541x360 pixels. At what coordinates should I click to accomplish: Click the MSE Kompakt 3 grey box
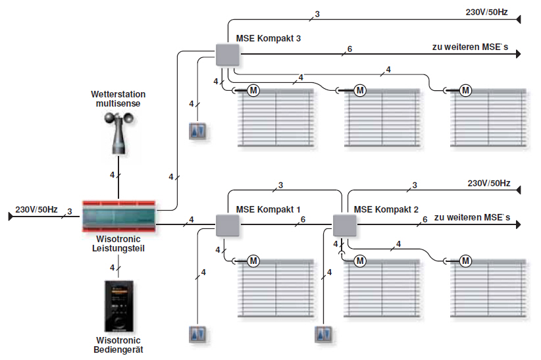click(x=226, y=55)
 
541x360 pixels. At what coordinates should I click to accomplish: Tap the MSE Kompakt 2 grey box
click(x=344, y=226)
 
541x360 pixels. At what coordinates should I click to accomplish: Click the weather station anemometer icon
click(x=118, y=132)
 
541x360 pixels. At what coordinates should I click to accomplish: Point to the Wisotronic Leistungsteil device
click(x=119, y=215)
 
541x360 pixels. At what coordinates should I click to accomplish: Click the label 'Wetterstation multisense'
click(x=118, y=99)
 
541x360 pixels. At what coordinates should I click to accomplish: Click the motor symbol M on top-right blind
click(x=466, y=90)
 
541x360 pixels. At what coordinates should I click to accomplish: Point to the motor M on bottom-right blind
click(x=466, y=261)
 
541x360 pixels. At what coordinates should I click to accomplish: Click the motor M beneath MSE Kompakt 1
click(x=254, y=261)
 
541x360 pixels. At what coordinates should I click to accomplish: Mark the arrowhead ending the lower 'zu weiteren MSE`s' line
click(x=518, y=225)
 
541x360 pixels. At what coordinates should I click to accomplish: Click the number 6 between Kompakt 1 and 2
click(x=302, y=219)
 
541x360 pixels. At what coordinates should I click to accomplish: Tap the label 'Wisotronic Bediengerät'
click(x=119, y=346)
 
